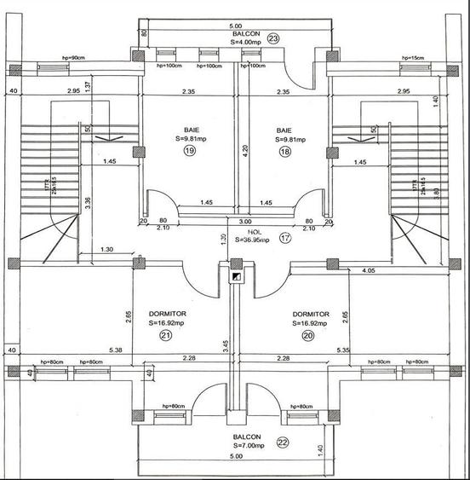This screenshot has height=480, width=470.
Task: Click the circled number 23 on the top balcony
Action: point(273,38)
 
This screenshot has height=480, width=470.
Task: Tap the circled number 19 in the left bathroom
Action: point(188,151)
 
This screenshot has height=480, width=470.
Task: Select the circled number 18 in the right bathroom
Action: point(284,151)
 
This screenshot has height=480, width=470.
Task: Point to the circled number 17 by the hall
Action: point(284,240)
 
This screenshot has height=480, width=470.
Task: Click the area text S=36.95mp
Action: point(253,240)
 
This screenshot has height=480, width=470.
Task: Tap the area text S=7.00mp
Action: point(236,446)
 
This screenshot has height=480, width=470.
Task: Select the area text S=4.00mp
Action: point(236,40)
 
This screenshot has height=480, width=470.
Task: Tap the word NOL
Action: point(253,231)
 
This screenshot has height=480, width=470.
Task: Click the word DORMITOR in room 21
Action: point(168,314)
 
